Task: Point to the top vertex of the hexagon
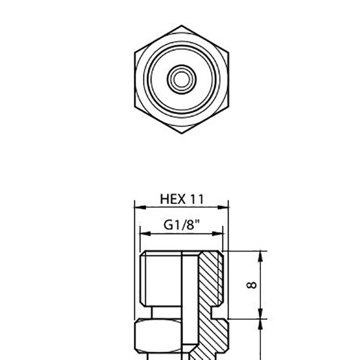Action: coord(180,25)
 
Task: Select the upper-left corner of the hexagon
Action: coord(135,51)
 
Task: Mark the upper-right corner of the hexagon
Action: coord(226,51)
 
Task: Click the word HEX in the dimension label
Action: coord(172,199)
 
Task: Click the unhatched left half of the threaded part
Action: coord(162,279)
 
